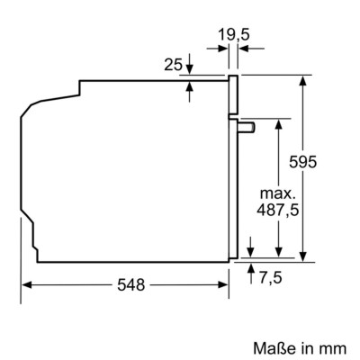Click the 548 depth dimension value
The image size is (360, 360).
coord(130,284)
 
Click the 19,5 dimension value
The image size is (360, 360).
coord(234,37)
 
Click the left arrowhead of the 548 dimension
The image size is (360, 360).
coord(25,284)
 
